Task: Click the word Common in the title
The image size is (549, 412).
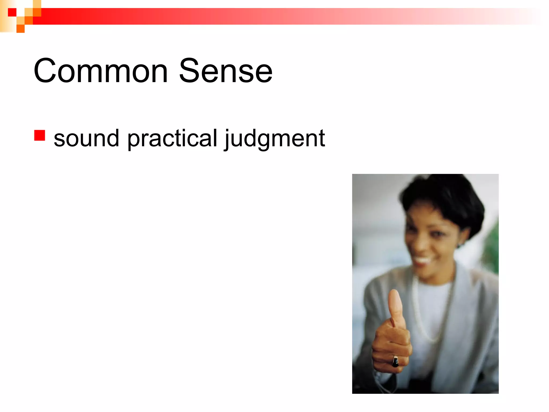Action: coord(101,71)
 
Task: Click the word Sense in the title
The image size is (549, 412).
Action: coord(225,71)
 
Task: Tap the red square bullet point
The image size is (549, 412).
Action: coord(39,135)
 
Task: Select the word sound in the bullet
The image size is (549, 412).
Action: coord(86,138)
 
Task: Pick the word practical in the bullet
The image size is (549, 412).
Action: coord(172,138)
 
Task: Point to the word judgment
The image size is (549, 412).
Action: coord(275,138)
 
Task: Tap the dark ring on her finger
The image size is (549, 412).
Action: coord(395,362)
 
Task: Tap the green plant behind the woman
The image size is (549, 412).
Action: coord(492,247)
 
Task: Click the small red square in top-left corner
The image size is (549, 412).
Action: coord(12,12)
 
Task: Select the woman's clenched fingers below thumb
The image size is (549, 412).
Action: coord(390,346)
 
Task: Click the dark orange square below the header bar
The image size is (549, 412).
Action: coord(21,28)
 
